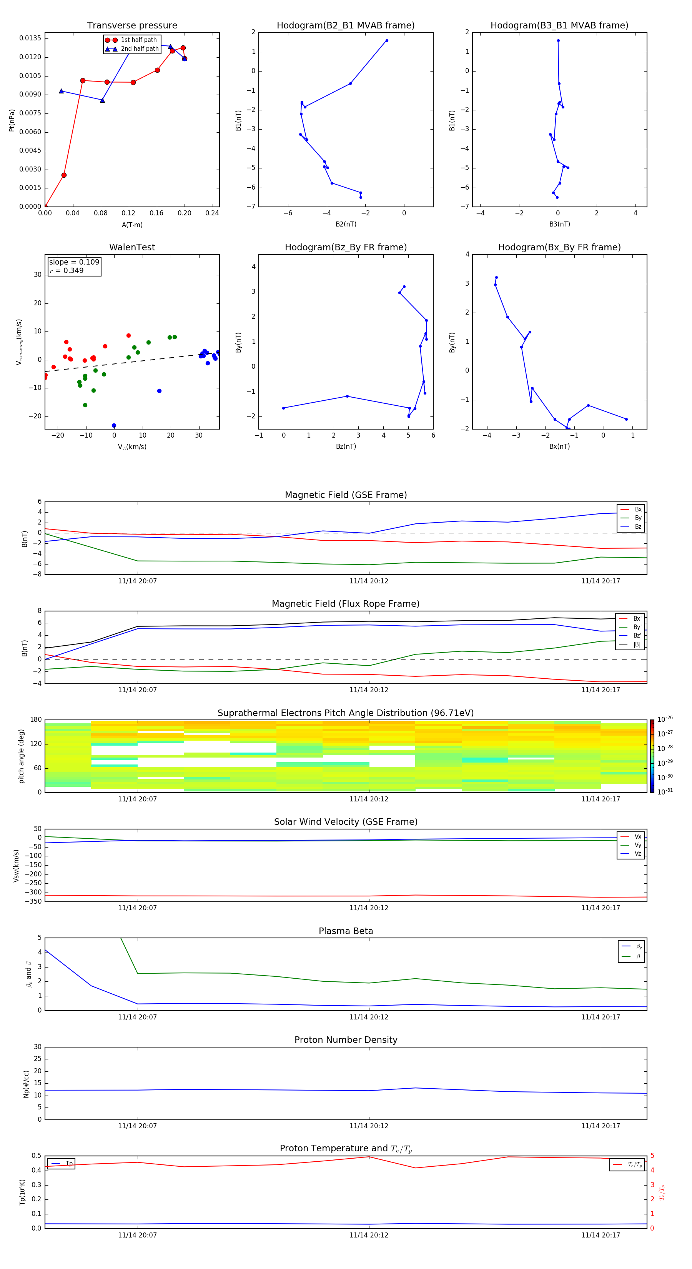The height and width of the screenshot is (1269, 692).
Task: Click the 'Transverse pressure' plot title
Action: click(x=132, y=26)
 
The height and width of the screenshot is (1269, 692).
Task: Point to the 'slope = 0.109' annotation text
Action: click(x=74, y=262)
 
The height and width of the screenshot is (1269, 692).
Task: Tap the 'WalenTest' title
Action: click(x=132, y=247)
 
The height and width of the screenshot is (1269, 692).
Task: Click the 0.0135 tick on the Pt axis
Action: click(x=30, y=38)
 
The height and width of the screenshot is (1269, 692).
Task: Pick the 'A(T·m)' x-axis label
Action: click(x=132, y=225)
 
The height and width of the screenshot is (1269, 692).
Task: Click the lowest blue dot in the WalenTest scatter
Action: click(x=114, y=426)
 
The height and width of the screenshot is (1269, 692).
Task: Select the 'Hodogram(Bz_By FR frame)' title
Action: click(x=346, y=247)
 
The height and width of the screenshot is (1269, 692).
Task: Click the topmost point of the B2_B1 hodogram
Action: click(x=387, y=40)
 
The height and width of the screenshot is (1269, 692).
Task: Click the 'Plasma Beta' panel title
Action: click(x=346, y=931)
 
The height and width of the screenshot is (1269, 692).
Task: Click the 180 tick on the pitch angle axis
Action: click(x=36, y=720)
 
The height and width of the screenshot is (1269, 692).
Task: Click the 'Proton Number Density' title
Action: click(x=346, y=1040)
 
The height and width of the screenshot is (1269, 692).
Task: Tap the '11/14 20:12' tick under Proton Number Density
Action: click(x=369, y=1126)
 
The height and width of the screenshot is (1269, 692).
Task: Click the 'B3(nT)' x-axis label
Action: click(x=559, y=224)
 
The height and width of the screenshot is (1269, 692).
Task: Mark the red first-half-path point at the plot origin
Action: click(x=45, y=207)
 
